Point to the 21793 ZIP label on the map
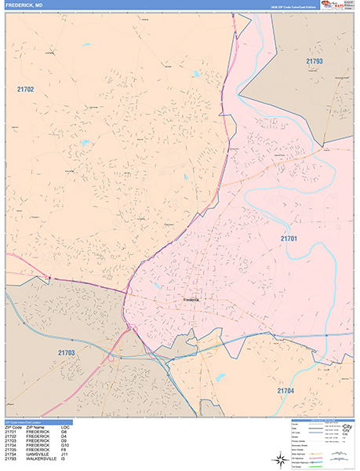click(315, 60)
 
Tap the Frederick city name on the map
click(192, 299)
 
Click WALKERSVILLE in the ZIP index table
click(42, 458)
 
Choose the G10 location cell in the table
click(64, 444)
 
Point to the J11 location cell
click(64, 454)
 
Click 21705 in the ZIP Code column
click(11, 449)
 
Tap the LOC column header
click(64, 427)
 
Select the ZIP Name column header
click(36, 427)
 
